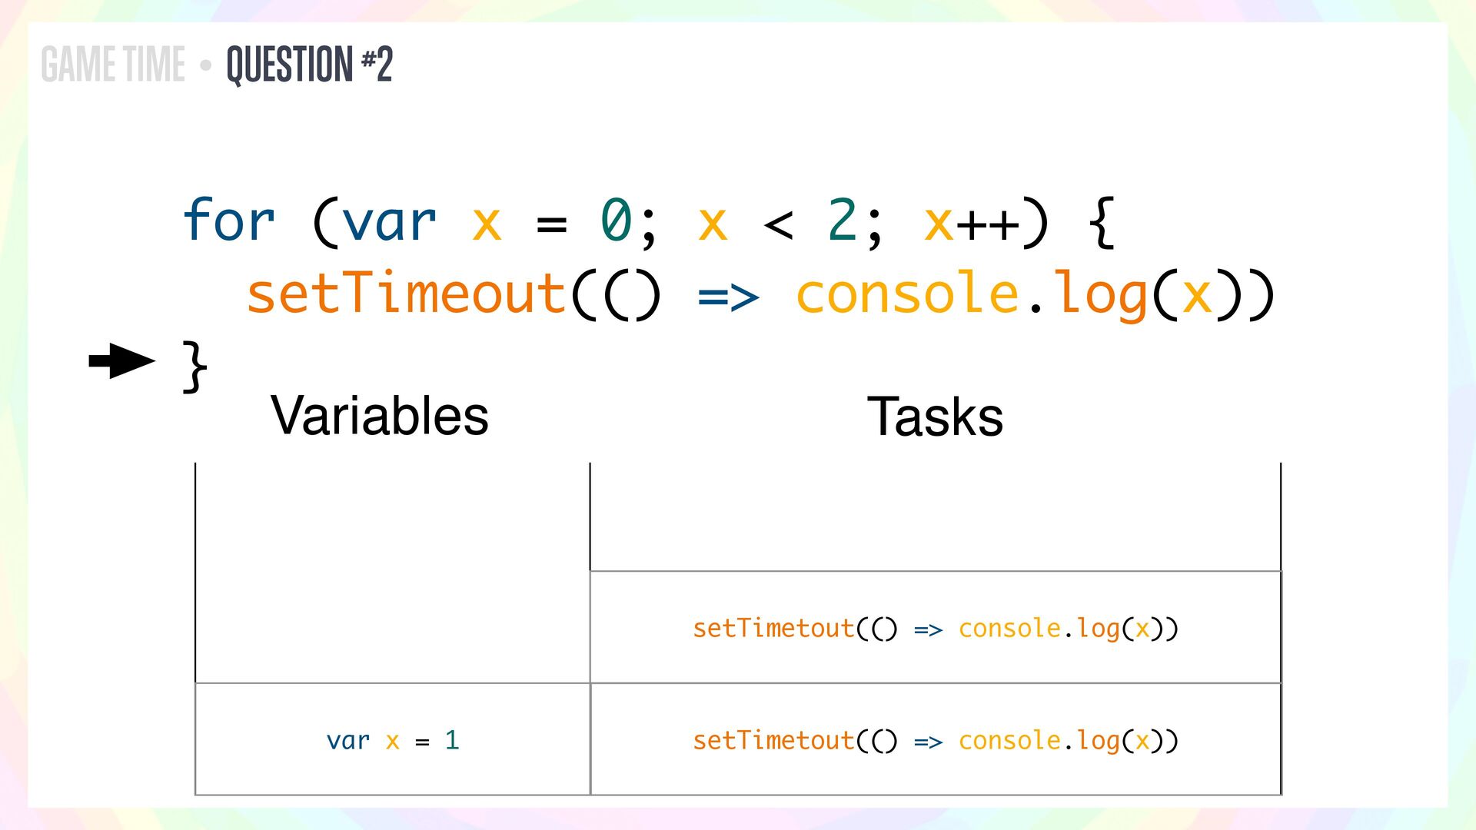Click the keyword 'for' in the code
[x=228, y=221]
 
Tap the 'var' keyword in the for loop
[x=389, y=221]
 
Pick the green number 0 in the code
[x=616, y=221]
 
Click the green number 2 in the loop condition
[x=843, y=221]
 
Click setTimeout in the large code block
[x=406, y=294]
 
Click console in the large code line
[x=907, y=294]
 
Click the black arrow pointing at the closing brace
[x=121, y=361]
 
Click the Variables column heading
[x=380, y=416]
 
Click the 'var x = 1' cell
[x=393, y=740]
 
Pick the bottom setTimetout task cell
[x=935, y=740]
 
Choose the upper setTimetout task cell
[x=935, y=628]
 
